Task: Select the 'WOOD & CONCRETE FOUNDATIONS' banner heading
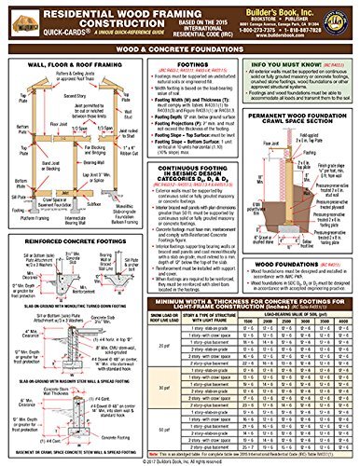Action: coord(179,56)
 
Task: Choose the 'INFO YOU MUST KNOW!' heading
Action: coord(305,68)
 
